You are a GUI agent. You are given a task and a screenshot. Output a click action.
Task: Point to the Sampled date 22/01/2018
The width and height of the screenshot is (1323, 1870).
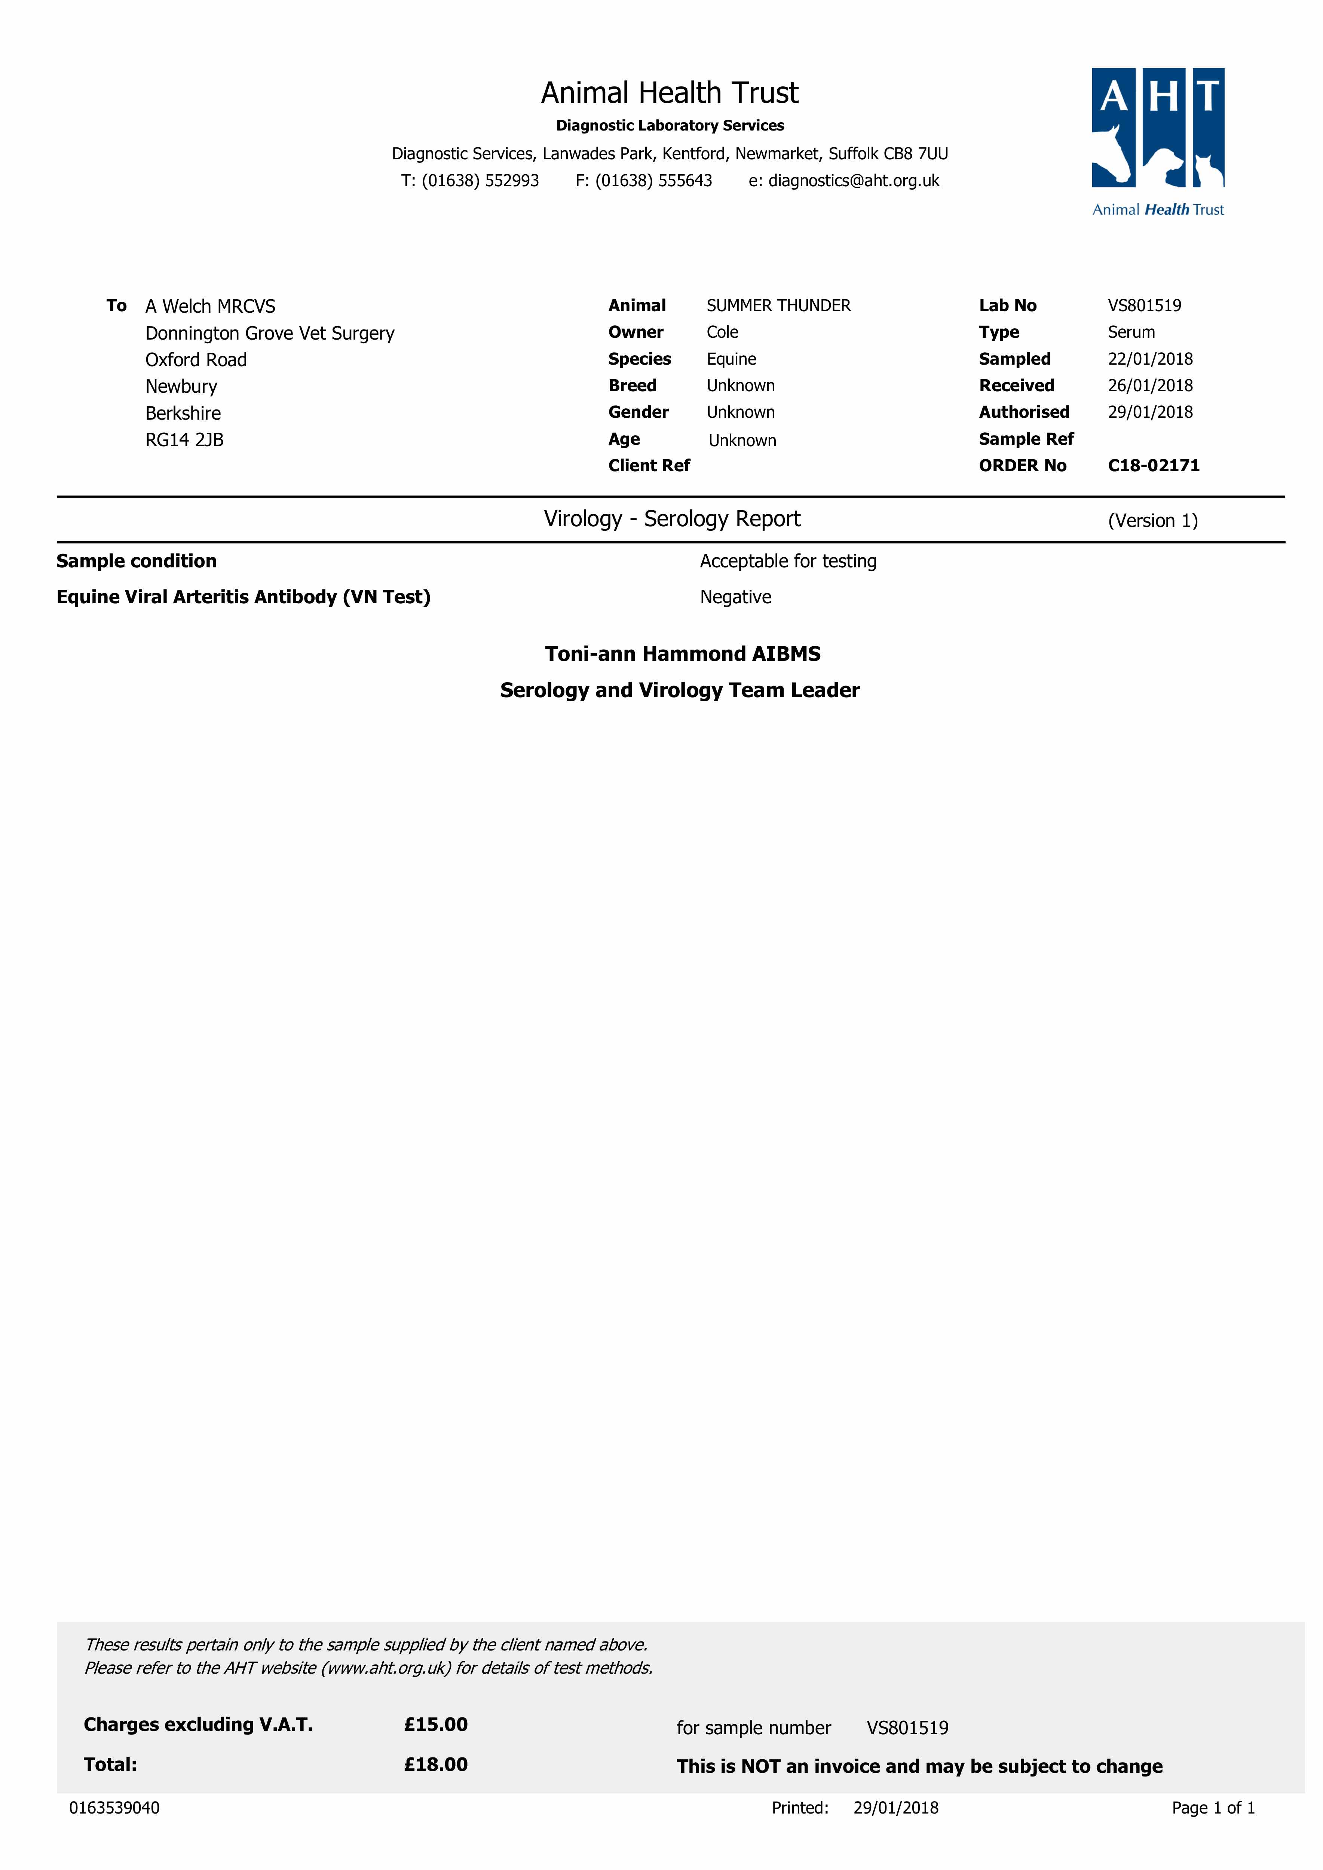tap(1149, 359)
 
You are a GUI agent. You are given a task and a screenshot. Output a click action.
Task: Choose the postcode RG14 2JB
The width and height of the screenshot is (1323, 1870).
tap(184, 440)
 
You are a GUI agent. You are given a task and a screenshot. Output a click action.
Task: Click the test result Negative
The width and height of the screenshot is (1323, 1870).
tap(735, 597)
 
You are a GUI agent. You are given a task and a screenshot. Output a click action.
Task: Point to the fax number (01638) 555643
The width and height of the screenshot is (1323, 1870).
tap(653, 181)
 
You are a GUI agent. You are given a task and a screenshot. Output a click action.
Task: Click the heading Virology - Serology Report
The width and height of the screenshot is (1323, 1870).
tap(672, 519)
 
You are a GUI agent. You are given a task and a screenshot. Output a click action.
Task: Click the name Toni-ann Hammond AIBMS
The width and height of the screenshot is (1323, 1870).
tap(683, 654)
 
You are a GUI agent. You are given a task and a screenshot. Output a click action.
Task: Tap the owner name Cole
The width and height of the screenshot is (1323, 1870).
tap(722, 332)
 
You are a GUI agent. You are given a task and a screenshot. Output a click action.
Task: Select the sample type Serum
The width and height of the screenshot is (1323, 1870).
tap(1131, 332)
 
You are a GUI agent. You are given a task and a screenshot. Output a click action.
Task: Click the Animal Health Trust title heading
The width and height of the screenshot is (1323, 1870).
tap(670, 93)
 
